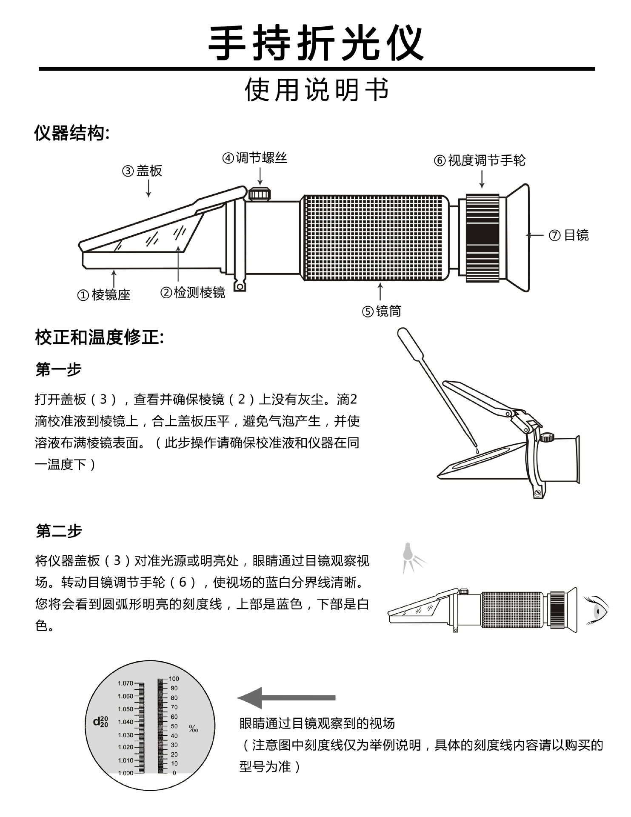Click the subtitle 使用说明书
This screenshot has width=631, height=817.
click(317, 90)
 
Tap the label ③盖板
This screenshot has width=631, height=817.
click(142, 171)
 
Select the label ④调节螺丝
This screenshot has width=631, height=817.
click(254, 158)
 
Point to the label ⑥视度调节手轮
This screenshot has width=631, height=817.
click(480, 160)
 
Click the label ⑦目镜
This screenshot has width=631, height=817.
click(568, 235)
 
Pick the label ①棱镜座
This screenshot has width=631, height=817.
click(103, 294)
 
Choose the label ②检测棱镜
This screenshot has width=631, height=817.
click(193, 293)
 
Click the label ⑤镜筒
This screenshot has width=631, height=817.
click(381, 311)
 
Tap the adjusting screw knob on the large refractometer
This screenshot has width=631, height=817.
click(260, 194)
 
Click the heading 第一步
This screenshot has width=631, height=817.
click(58, 369)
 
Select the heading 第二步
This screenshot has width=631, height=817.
click(58, 531)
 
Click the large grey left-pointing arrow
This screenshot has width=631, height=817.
click(286, 697)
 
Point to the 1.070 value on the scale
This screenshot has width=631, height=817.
click(126, 683)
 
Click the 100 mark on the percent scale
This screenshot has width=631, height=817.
click(174, 678)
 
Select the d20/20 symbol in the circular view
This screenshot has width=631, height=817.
click(101, 721)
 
